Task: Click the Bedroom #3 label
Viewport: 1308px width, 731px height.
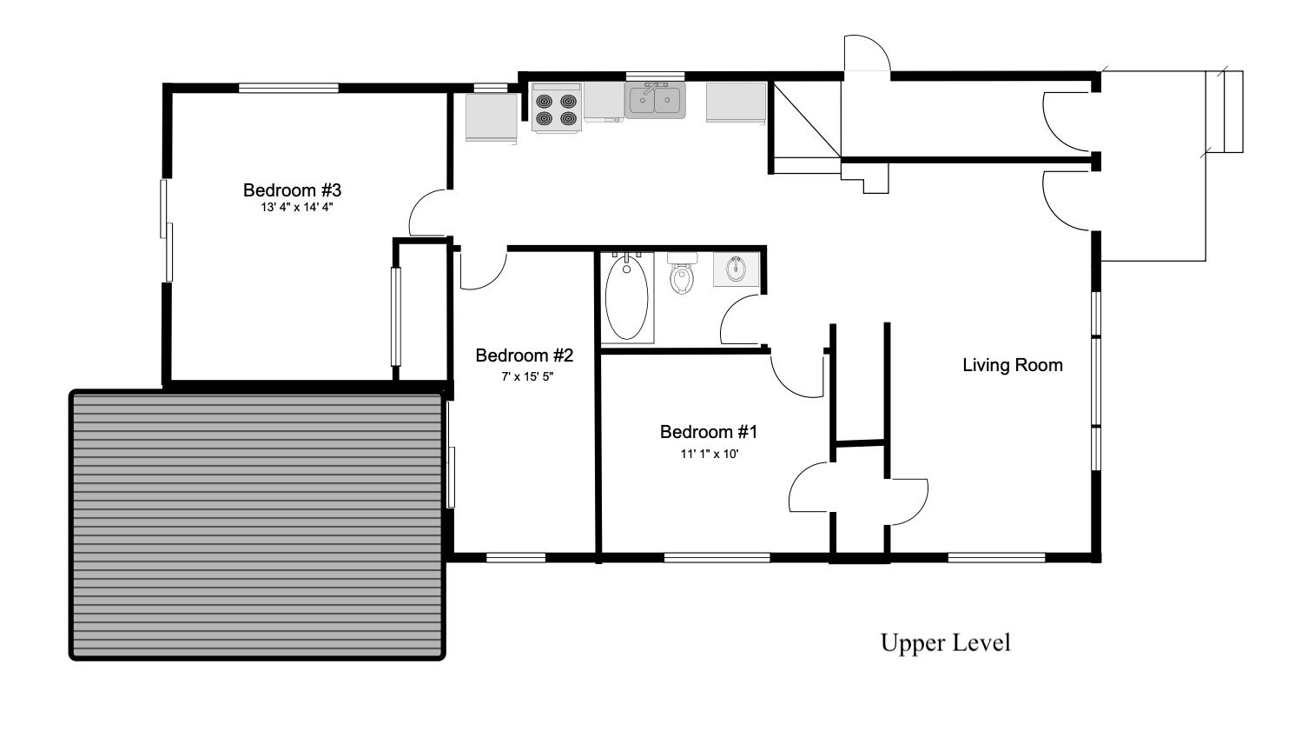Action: click(292, 189)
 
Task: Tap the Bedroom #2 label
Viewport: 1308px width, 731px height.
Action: click(525, 356)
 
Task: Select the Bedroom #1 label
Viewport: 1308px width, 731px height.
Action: click(709, 432)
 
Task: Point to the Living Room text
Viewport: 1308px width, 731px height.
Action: click(1013, 365)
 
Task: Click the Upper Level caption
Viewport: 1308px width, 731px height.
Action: click(945, 642)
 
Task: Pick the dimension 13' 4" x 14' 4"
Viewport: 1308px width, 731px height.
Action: click(297, 208)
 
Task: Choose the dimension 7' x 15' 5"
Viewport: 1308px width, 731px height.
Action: click(527, 377)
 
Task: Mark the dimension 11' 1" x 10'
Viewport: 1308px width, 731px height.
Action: click(710, 454)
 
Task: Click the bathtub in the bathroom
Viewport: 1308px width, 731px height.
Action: click(627, 298)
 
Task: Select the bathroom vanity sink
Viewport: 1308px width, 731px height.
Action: click(736, 269)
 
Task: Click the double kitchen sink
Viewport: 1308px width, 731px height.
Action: click(655, 100)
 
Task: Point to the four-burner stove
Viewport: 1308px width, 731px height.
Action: click(557, 108)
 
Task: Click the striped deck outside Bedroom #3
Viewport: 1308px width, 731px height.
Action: click(257, 525)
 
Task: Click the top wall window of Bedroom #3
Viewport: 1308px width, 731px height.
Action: click(288, 89)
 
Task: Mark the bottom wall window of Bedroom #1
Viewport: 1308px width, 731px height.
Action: click(717, 558)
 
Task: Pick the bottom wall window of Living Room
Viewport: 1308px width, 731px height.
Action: click(996, 558)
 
